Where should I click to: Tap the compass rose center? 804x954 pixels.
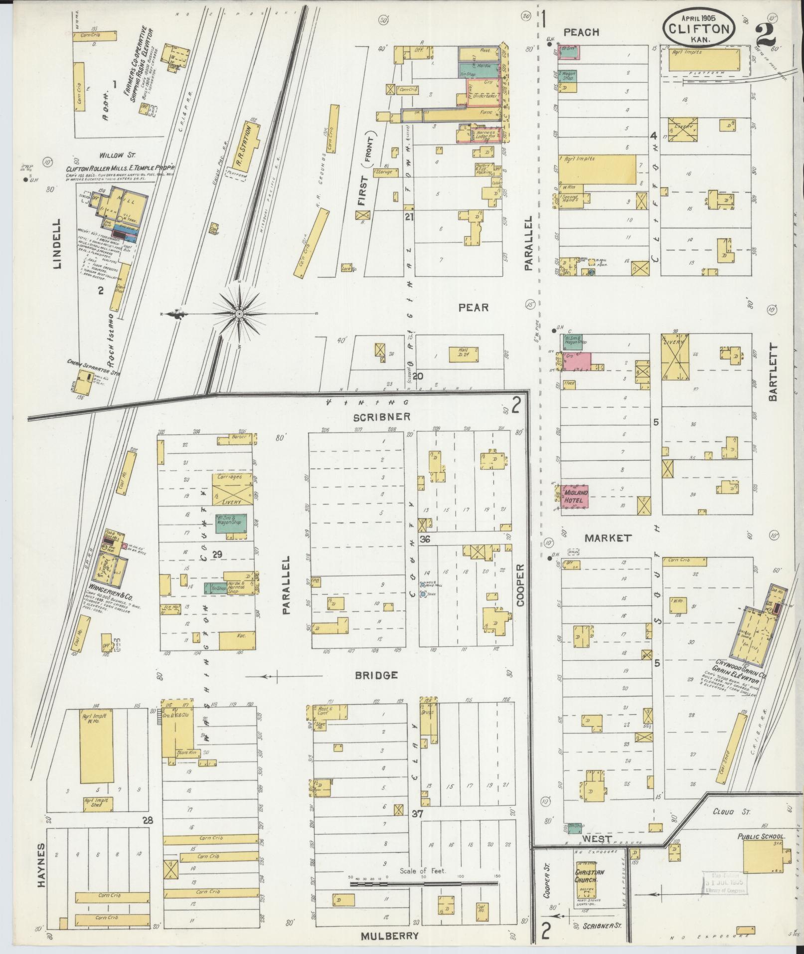pos(239,313)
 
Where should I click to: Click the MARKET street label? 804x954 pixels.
pos(608,538)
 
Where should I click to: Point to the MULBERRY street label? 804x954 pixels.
pos(390,935)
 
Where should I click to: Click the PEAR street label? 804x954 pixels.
pos(474,308)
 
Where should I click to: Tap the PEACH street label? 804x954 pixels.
pos(581,32)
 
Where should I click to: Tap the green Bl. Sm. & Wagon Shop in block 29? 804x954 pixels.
pos(231,523)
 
